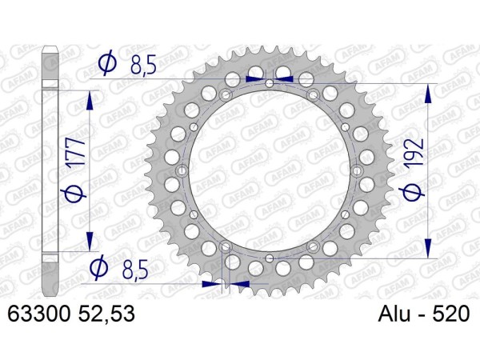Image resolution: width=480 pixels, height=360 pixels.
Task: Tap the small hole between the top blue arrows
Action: tap(270, 82)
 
